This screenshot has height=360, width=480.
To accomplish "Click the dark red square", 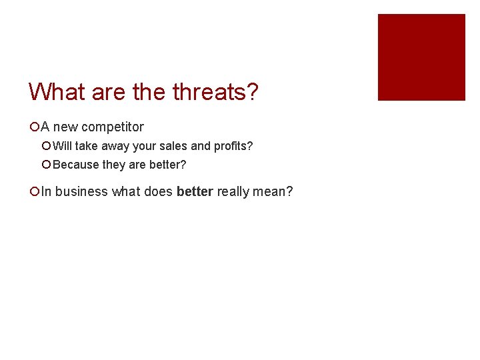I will pyautogui.click(x=421, y=57).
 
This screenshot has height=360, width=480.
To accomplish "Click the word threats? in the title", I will pyautogui.click(x=215, y=92).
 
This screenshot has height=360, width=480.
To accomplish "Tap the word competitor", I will pyautogui.click(x=113, y=127).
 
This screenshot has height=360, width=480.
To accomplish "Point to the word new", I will pyautogui.click(x=66, y=127).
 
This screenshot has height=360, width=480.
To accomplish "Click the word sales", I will pyautogui.click(x=173, y=145).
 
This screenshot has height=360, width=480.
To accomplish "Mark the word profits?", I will pyautogui.click(x=233, y=145).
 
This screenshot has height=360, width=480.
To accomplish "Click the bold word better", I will pyautogui.click(x=195, y=192).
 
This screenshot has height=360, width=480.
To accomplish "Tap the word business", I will pyautogui.click(x=81, y=192).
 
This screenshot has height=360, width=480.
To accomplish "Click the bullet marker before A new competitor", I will pyautogui.click(x=34, y=127).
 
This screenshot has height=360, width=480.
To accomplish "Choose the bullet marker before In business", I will pyautogui.click(x=34, y=192).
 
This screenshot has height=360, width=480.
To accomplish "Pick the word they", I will pyautogui.click(x=114, y=164).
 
